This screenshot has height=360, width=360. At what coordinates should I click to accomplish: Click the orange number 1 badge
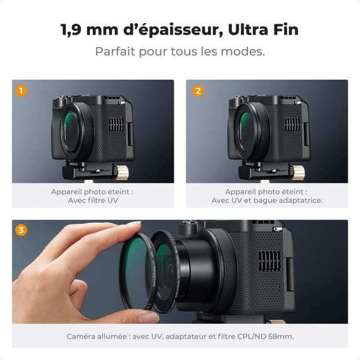21,90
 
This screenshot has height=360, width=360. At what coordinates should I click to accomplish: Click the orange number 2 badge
198,90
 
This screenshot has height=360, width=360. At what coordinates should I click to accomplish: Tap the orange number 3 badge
21,230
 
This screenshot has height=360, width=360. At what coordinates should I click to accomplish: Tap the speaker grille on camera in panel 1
115,124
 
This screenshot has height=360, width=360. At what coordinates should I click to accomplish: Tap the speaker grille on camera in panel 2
292,124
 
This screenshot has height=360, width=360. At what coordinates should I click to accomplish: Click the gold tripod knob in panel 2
299,172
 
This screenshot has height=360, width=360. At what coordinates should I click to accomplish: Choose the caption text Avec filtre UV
93,200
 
